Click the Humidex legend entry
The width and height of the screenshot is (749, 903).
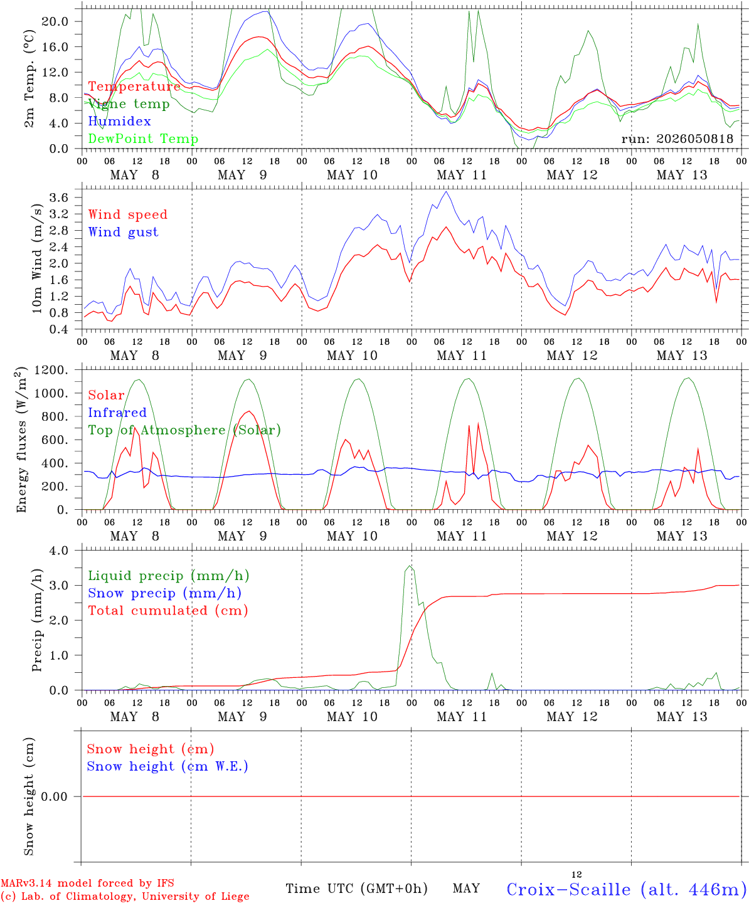[119, 121]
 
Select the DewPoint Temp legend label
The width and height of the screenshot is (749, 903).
[143, 139]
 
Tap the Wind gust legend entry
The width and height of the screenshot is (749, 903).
[124, 232]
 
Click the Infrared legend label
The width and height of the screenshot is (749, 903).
[117, 412]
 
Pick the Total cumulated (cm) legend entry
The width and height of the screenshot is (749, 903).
[168, 611]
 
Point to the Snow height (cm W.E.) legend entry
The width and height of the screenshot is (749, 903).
[167, 766]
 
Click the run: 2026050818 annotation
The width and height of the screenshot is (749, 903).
[677, 139]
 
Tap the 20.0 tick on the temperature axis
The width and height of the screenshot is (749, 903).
[55, 21]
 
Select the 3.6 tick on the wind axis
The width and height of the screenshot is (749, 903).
[59, 198]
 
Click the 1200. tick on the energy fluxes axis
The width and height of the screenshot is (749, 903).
[51, 370]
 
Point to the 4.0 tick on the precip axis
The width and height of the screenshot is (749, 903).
[59, 551]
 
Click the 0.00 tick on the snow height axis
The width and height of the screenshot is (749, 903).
[54, 796]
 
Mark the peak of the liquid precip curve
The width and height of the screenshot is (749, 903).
[410, 566]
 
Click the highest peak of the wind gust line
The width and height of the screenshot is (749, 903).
[446, 192]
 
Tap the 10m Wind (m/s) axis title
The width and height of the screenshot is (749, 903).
[37, 258]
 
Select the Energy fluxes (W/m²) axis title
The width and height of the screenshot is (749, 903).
[21, 440]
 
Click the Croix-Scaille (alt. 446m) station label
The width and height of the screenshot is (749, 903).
[623, 889]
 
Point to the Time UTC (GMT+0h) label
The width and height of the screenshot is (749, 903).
[356, 889]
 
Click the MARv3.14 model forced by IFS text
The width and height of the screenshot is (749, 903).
[87, 883]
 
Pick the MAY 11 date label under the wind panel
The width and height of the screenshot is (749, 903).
[462, 356]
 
